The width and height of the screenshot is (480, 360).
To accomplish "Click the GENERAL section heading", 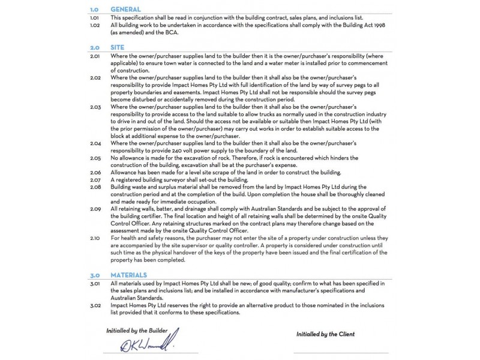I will coord(126,10).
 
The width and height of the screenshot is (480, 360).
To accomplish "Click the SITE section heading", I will coord(117,46).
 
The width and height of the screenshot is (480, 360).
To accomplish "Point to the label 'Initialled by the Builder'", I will coord(142,331).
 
